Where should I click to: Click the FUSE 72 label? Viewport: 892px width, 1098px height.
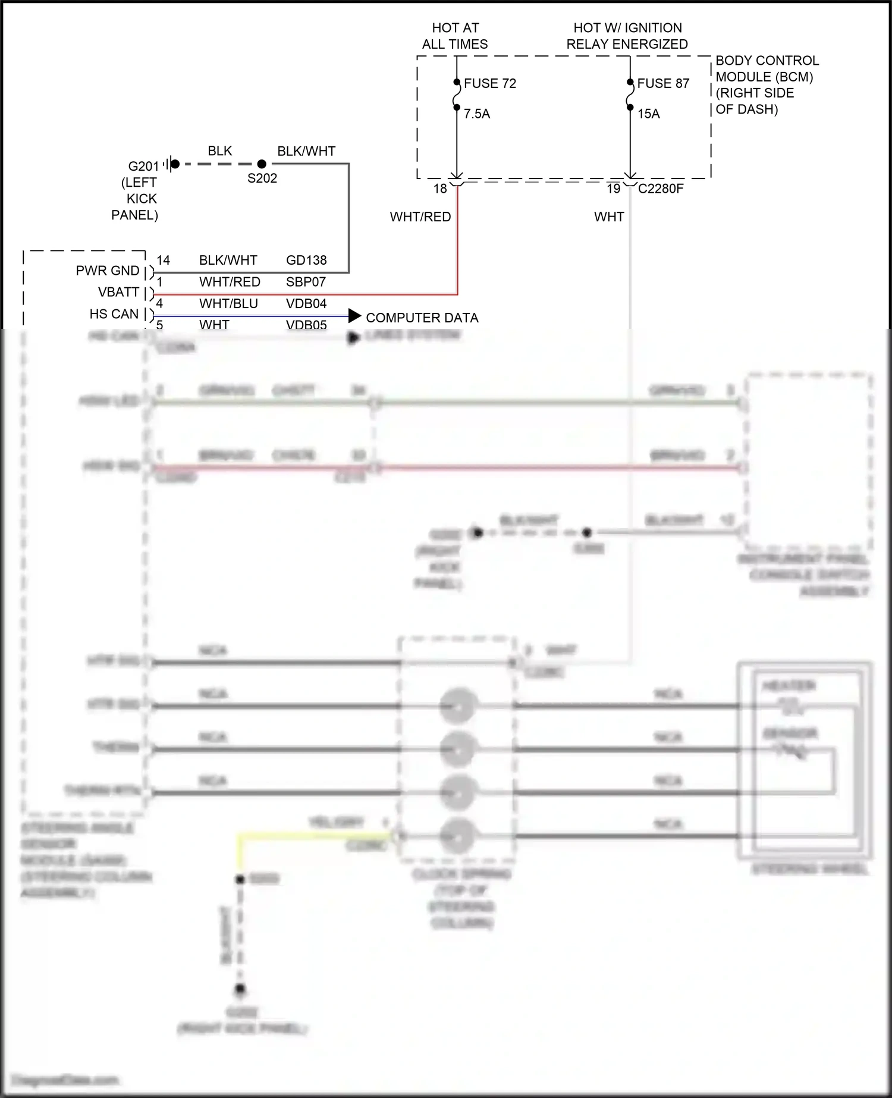pyautogui.click(x=489, y=83)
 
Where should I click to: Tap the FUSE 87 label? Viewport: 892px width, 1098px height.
pyautogui.click(x=662, y=83)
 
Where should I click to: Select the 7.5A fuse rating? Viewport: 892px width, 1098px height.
pyautogui.click(x=477, y=114)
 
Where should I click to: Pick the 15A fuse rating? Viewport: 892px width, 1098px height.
pyautogui.click(x=649, y=114)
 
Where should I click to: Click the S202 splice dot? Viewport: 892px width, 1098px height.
pyautogui.click(x=262, y=164)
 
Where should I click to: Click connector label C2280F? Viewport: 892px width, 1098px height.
pyautogui.click(x=661, y=189)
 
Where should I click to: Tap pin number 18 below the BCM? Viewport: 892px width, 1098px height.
pyautogui.click(x=440, y=189)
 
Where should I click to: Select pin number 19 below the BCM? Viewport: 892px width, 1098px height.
pyautogui.click(x=614, y=189)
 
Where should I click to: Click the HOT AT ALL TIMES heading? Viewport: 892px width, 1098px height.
pyautogui.click(x=455, y=36)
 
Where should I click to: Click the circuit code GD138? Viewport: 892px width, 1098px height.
pyautogui.click(x=306, y=260)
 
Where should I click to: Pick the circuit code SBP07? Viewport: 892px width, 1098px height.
pyautogui.click(x=306, y=282)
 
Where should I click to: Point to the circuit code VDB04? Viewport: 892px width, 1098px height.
pyautogui.click(x=306, y=303)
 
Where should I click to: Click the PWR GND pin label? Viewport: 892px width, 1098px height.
pyautogui.click(x=108, y=271)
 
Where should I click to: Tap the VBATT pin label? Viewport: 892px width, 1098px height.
pyautogui.click(x=118, y=292)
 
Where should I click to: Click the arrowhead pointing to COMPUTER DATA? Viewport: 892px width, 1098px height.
pyautogui.click(x=354, y=316)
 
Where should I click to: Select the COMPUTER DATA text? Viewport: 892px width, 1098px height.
pyautogui.click(x=422, y=318)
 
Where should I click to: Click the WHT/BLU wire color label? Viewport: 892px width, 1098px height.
pyautogui.click(x=228, y=303)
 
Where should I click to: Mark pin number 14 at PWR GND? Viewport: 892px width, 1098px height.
pyautogui.click(x=163, y=260)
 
